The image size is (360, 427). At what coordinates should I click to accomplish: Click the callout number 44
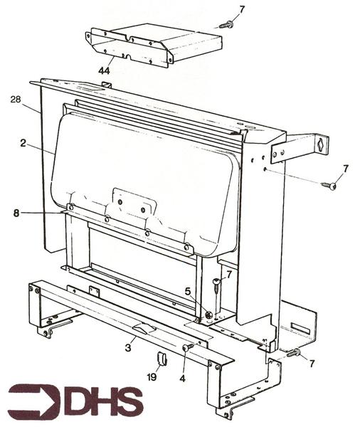click(x=105, y=71)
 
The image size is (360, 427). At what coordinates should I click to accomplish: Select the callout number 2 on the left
click(x=23, y=143)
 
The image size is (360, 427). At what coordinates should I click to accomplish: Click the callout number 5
click(x=187, y=290)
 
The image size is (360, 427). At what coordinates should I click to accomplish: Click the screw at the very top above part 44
click(x=226, y=25)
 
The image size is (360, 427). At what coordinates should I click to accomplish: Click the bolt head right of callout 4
click(x=188, y=347)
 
